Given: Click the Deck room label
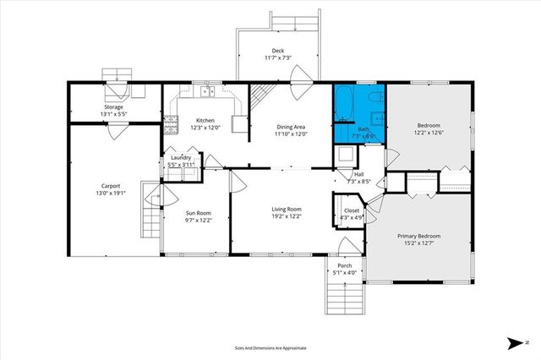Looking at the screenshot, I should point(278,50).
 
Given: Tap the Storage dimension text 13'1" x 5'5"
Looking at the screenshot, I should point(114,115).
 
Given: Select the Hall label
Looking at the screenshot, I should point(358,174).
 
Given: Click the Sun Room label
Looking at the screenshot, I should point(197,212).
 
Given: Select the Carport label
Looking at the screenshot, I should point(111,186).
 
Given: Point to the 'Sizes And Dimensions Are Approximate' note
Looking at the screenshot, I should point(270,347).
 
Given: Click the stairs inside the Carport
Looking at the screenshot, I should point(150,221).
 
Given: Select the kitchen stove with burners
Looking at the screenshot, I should point(171,127).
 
